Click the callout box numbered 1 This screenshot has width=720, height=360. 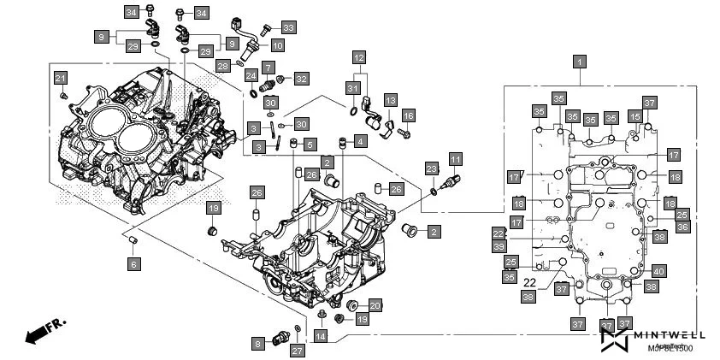pyautogui.click(x=580, y=62)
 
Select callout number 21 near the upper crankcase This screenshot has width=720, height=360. pyautogui.click(x=61, y=80)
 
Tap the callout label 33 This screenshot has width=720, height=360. pyautogui.click(x=288, y=27)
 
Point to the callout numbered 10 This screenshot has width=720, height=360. pyautogui.click(x=278, y=44)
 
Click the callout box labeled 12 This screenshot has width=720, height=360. pyautogui.click(x=359, y=58)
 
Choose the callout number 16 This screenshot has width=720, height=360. pyautogui.click(x=408, y=115)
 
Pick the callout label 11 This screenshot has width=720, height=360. pyautogui.click(x=456, y=160)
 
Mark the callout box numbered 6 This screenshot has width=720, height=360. pyautogui.click(x=133, y=265)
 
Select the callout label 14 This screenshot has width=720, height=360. pyautogui.click(x=320, y=337)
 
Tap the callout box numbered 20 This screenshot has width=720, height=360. pyautogui.click(x=375, y=305)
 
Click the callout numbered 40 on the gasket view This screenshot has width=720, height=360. pyautogui.click(x=658, y=271)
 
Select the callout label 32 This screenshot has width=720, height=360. pyautogui.click(x=301, y=79)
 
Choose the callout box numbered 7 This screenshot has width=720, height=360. pyautogui.click(x=268, y=66)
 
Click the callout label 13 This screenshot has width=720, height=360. pyautogui.click(x=390, y=100)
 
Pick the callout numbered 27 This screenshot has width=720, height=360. pyautogui.click(x=297, y=351)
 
